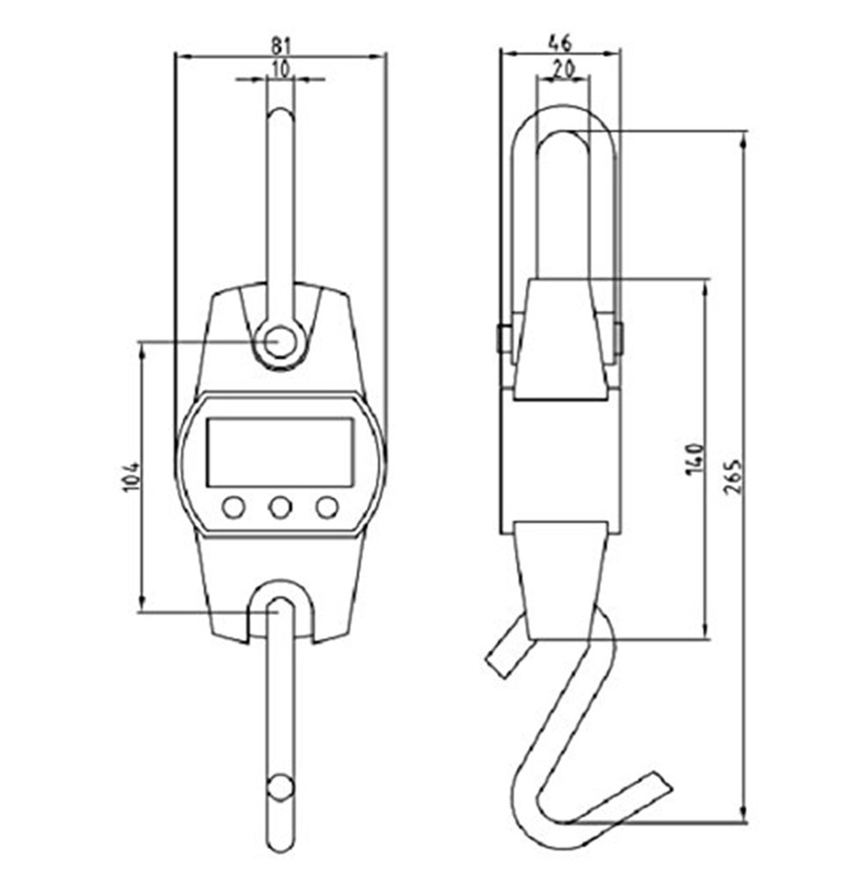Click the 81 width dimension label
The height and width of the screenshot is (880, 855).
click(281, 44)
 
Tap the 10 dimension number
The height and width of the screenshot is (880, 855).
click(280, 69)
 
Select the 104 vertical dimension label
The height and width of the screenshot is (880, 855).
click(130, 477)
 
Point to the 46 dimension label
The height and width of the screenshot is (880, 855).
click(560, 42)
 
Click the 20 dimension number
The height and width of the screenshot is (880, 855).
click(563, 68)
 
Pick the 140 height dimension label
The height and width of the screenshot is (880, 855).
click(694, 459)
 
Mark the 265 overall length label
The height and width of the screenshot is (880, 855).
click(733, 477)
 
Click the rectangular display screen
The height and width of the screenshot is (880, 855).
click(280, 452)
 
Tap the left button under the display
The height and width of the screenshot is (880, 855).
click(233, 507)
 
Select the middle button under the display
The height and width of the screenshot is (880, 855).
click(280, 507)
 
